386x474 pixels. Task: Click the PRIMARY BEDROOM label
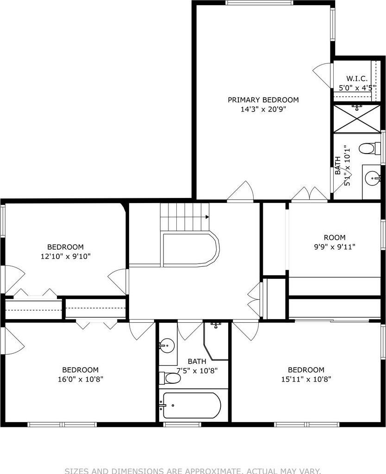click(x=263, y=100)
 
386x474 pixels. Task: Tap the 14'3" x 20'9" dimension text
click(x=263, y=110)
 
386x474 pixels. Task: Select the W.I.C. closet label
click(x=357, y=79)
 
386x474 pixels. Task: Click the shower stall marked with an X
click(x=357, y=119)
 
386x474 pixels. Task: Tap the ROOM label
click(x=335, y=238)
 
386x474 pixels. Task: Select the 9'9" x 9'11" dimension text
click(x=335, y=247)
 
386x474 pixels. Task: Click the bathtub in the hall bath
click(x=192, y=406)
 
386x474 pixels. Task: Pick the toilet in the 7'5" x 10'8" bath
click(x=171, y=378)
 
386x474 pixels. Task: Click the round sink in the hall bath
click(x=167, y=345)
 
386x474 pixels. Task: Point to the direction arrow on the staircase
click(x=207, y=216)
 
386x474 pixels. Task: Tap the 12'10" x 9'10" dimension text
click(x=65, y=256)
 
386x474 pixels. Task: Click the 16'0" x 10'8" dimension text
click(x=80, y=379)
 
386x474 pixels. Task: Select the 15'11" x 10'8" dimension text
click(x=306, y=379)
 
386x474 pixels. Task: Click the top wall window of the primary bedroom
click(x=259, y=3)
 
